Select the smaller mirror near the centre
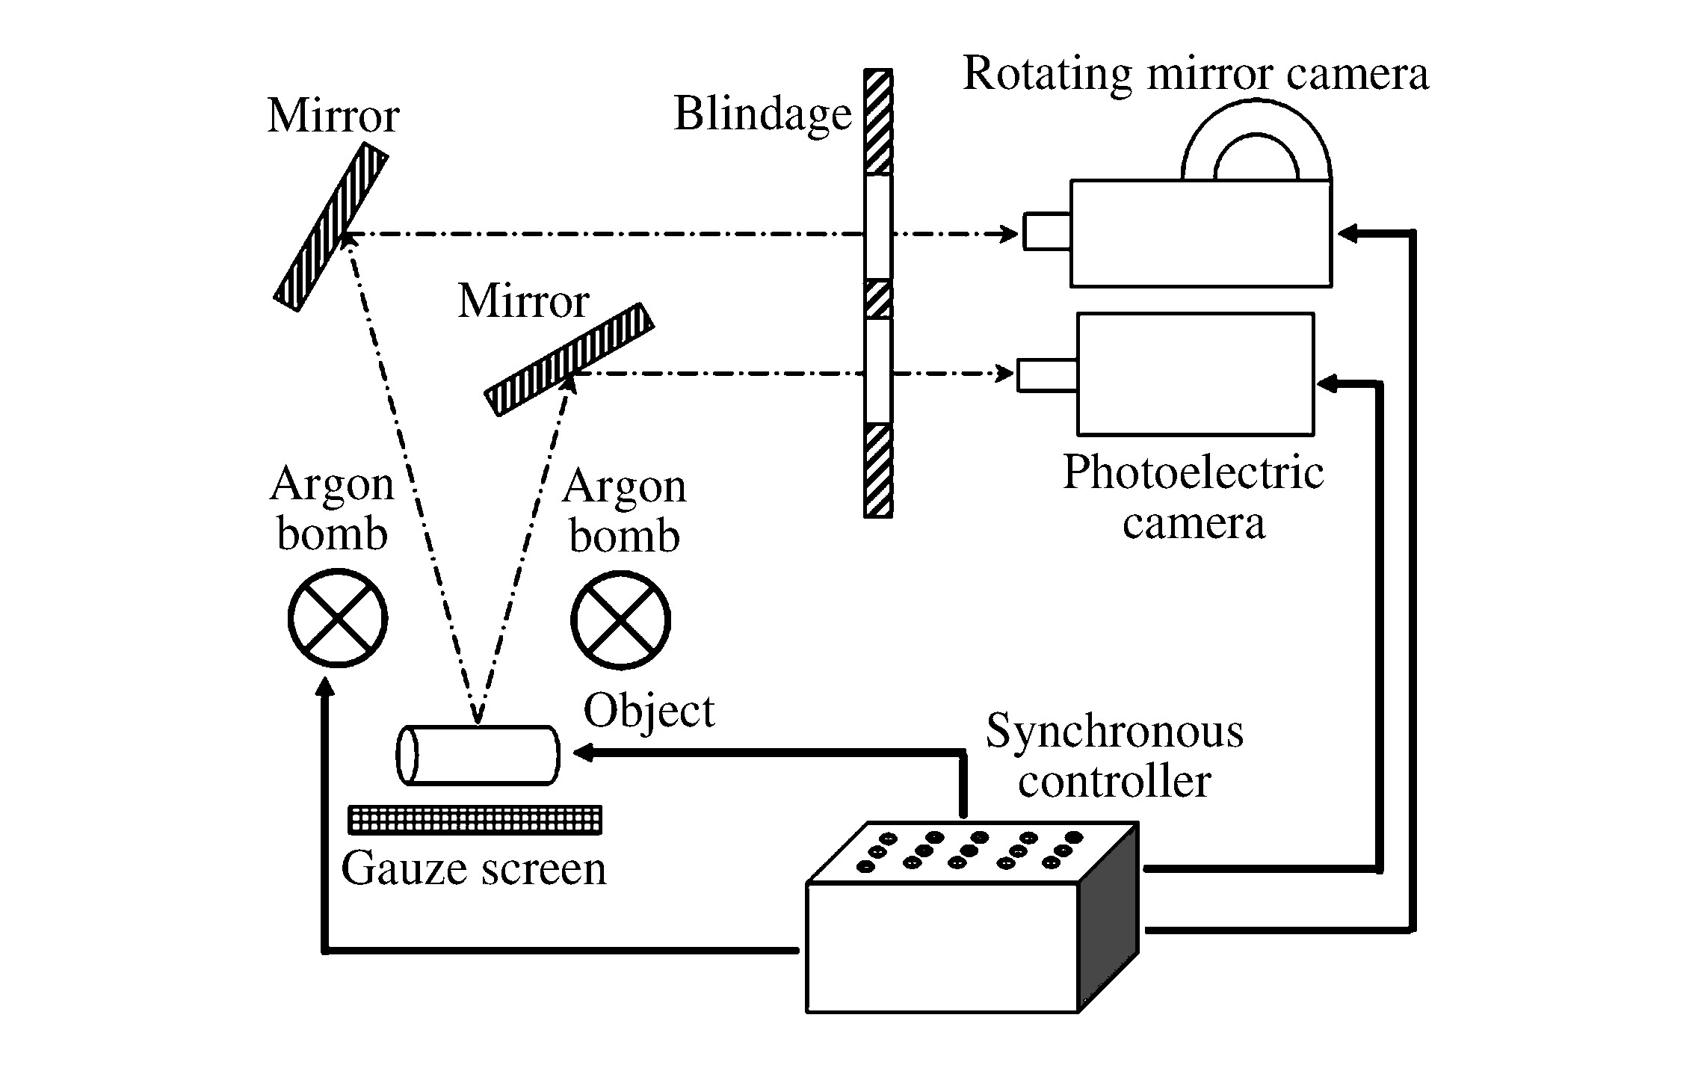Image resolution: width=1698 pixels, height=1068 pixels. (569, 359)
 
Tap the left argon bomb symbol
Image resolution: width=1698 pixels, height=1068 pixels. (338, 617)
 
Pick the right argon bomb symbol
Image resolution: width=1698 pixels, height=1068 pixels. (620, 620)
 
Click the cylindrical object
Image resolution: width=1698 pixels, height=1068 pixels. (478, 755)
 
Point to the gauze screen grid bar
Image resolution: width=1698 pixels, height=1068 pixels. (475, 819)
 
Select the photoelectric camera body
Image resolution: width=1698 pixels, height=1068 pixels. (1195, 374)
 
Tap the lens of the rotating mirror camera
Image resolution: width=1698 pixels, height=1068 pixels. (1046, 231)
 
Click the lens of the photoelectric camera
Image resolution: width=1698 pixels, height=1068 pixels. (1047, 375)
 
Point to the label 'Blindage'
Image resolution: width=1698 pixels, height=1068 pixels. (762, 114)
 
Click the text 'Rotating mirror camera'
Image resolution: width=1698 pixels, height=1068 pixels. (1196, 73)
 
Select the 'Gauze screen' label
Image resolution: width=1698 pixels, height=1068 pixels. (474, 868)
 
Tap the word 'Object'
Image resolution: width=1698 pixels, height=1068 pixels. (649, 711)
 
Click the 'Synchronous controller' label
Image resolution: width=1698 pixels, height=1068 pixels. (1114, 756)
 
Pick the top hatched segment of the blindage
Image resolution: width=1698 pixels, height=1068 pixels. (878, 122)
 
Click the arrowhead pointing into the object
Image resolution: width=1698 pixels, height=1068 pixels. (584, 753)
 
